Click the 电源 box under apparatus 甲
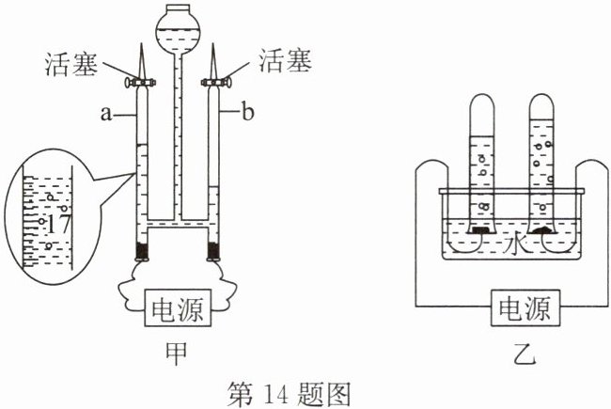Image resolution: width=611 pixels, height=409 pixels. [178, 307]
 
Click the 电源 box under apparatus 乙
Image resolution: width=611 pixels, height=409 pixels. [525, 308]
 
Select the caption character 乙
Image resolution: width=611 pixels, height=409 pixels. [525, 354]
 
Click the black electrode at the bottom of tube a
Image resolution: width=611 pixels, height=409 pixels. [143, 251]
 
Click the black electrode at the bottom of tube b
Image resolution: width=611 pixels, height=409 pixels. [213, 251]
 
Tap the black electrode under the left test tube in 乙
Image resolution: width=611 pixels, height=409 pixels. [480, 229]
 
